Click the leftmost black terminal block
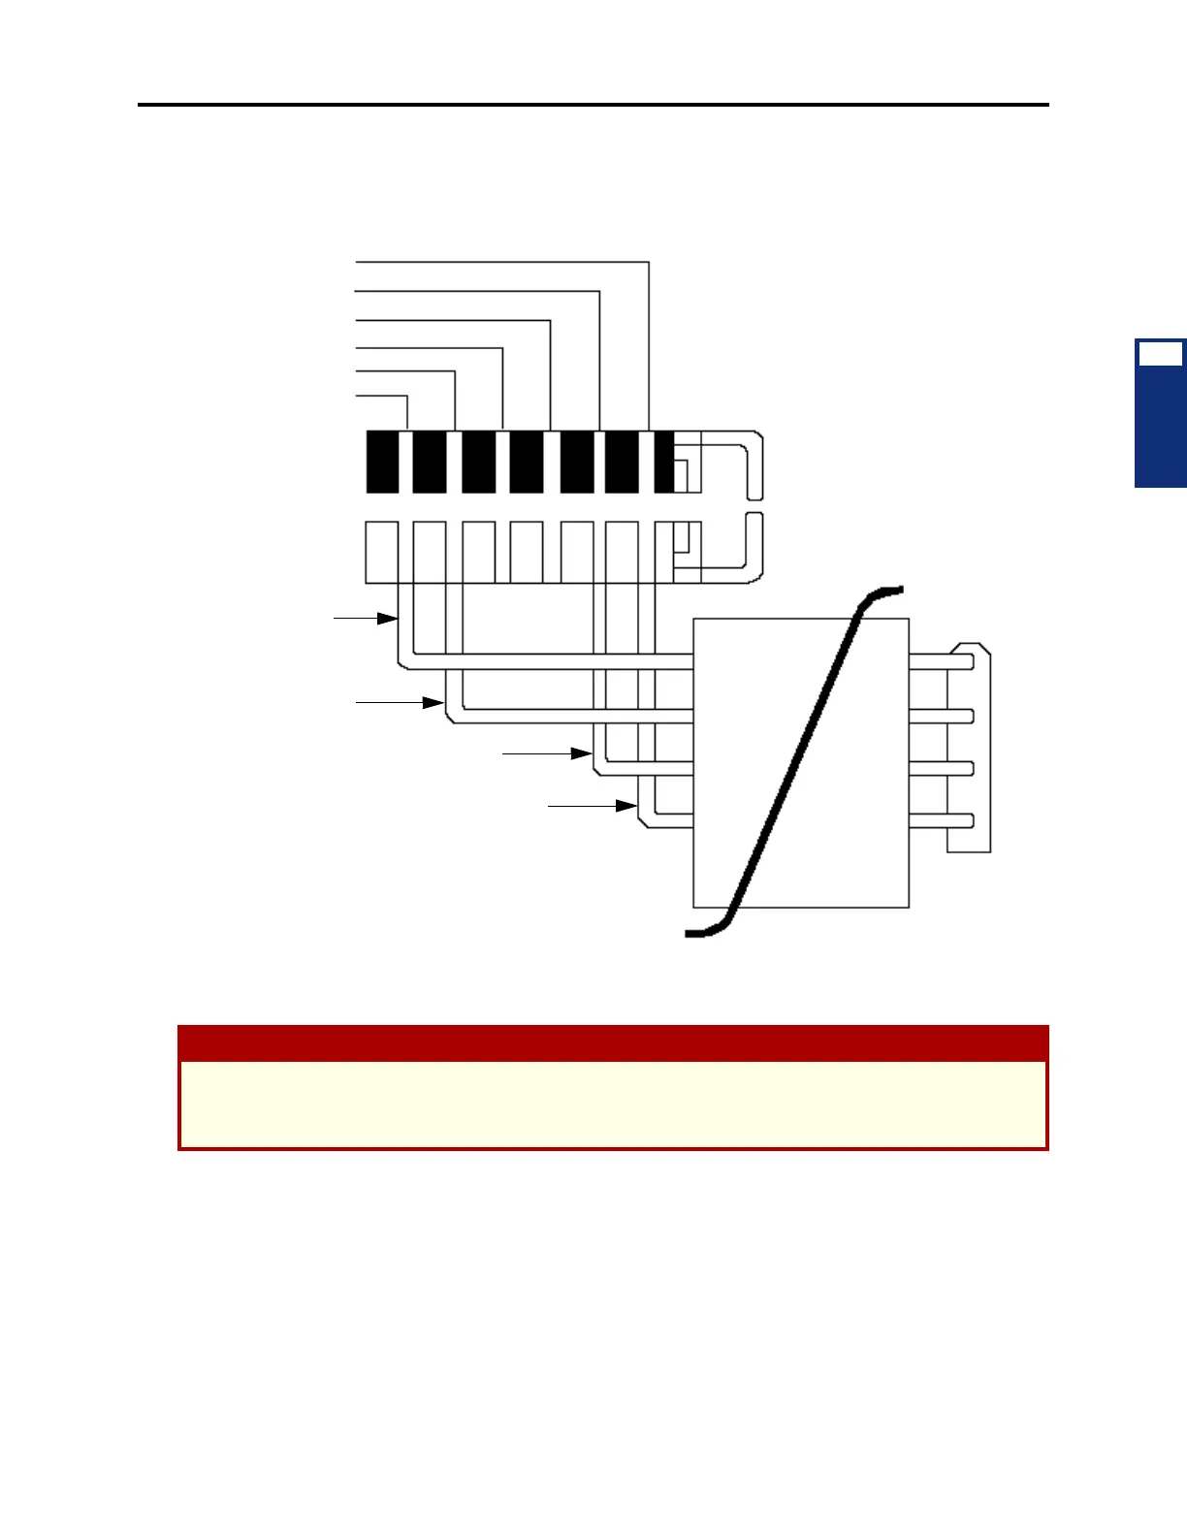click(x=382, y=463)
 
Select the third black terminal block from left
click(x=478, y=463)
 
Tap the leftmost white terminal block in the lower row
click(x=381, y=552)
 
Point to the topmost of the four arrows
click(x=367, y=618)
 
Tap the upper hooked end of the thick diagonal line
click(x=882, y=592)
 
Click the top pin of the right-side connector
click(x=941, y=661)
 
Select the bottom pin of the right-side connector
click(x=941, y=820)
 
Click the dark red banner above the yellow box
click(x=613, y=1043)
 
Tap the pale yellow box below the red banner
click(x=613, y=1104)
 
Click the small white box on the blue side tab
click(x=1160, y=354)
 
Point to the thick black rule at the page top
click(x=593, y=104)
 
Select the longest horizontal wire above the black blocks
click(x=502, y=262)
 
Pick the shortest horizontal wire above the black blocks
click(x=382, y=396)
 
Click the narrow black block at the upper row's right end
click(x=664, y=463)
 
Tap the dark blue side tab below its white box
click(x=1161, y=427)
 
